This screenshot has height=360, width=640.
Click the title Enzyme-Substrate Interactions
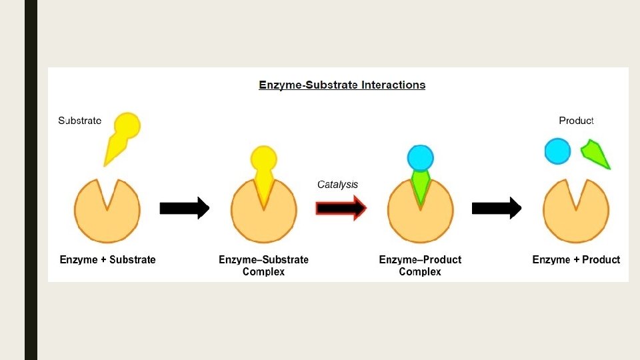coord(342,85)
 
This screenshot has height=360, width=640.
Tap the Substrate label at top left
coord(80,121)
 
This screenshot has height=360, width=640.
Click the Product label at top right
coord(576,121)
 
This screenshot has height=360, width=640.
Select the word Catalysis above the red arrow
coord(337,185)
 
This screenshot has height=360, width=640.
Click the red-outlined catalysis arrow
coord(341,209)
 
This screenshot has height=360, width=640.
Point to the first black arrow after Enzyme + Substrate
coord(184,209)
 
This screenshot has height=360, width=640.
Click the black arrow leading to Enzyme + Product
coord(496,209)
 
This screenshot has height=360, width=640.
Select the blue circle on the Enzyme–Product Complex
coord(420,158)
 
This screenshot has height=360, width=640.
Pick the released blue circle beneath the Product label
coord(557,151)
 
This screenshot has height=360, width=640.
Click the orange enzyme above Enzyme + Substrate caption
coord(107,217)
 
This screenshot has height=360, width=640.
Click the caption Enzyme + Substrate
coord(107,260)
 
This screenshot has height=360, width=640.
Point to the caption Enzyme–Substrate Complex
coord(263,265)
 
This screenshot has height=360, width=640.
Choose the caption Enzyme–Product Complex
coord(420,265)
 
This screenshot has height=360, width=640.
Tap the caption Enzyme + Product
coord(576,260)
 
